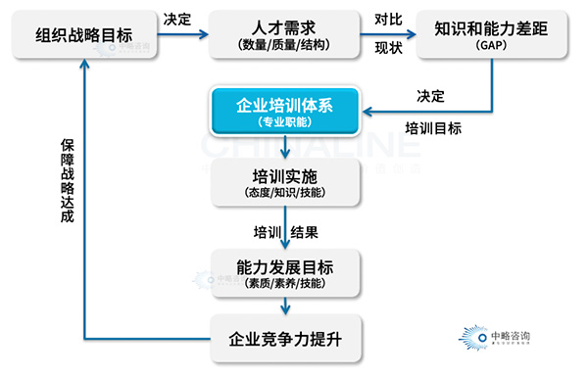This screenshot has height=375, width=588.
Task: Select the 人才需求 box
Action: point(285,36)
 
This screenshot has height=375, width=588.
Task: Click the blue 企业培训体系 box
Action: point(284,112)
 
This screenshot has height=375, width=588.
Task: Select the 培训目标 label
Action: point(433,128)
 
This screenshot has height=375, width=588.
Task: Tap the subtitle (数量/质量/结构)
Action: point(285,45)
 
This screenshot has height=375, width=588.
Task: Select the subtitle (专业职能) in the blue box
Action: point(284,123)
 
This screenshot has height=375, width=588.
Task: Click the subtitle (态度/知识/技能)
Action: point(284,193)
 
